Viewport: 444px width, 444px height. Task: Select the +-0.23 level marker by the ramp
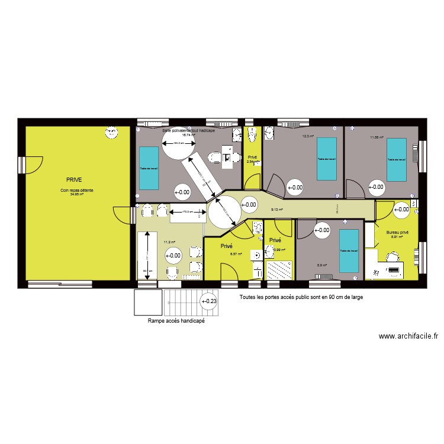tap(209, 301)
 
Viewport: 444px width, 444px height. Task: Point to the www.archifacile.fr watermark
tap(408, 336)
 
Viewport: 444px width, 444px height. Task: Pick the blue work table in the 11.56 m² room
tap(395, 160)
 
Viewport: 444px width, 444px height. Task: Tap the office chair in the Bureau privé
tap(391, 257)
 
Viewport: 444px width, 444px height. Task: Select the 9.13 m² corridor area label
tap(276, 209)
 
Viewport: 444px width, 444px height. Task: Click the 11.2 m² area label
tap(170, 242)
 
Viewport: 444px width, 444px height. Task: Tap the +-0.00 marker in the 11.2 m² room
tap(173, 256)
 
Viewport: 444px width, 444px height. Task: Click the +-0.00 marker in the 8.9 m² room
tap(322, 231)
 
